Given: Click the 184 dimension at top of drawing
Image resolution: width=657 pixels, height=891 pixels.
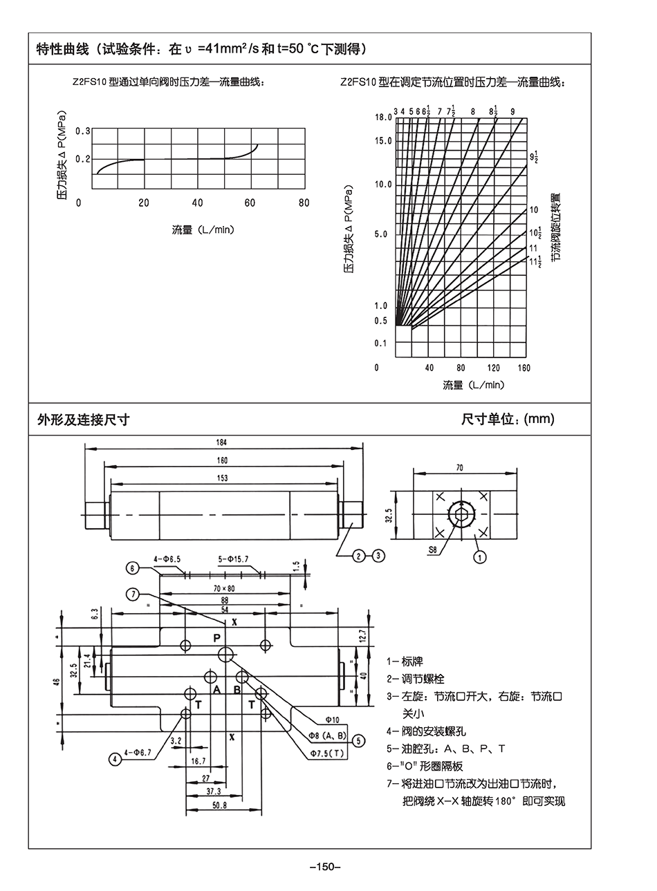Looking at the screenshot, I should (222, 442).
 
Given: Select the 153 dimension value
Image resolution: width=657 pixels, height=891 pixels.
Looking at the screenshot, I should (222, 478).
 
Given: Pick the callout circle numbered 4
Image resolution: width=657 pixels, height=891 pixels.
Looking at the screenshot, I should (115, 758).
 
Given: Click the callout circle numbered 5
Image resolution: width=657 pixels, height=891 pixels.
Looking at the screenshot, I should (358, 741).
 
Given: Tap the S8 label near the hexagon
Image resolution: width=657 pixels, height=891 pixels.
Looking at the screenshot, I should (433, 551).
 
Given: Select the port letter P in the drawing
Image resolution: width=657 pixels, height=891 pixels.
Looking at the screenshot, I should (216, 638).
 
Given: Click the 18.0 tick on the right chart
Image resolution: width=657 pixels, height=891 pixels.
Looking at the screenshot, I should (383, 118).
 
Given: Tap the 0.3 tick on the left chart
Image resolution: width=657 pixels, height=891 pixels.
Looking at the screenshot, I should (83, 131).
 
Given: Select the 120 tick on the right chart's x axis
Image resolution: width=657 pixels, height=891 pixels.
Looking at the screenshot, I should (493, 368).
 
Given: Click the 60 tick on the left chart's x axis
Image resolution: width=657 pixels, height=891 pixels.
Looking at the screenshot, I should (251, 203).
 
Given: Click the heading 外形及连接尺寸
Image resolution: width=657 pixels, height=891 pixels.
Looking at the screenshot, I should (83, 419).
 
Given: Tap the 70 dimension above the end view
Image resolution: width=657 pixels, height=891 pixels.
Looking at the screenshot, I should (459, 468).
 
